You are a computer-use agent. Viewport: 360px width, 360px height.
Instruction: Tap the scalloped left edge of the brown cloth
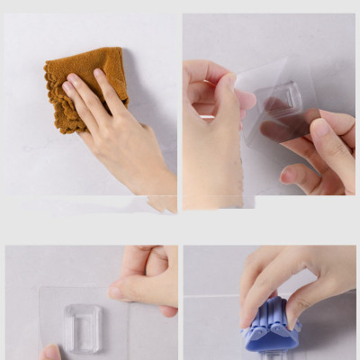click(51, 99)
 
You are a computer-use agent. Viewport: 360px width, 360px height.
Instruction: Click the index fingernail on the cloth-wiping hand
click(68, 88)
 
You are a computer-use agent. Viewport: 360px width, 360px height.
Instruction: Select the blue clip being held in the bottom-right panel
click(270, 328)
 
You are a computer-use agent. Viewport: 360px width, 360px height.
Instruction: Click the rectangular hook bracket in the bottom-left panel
click(83, 328)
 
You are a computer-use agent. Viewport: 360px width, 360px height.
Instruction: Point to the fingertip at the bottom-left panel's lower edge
click(50, 353)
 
